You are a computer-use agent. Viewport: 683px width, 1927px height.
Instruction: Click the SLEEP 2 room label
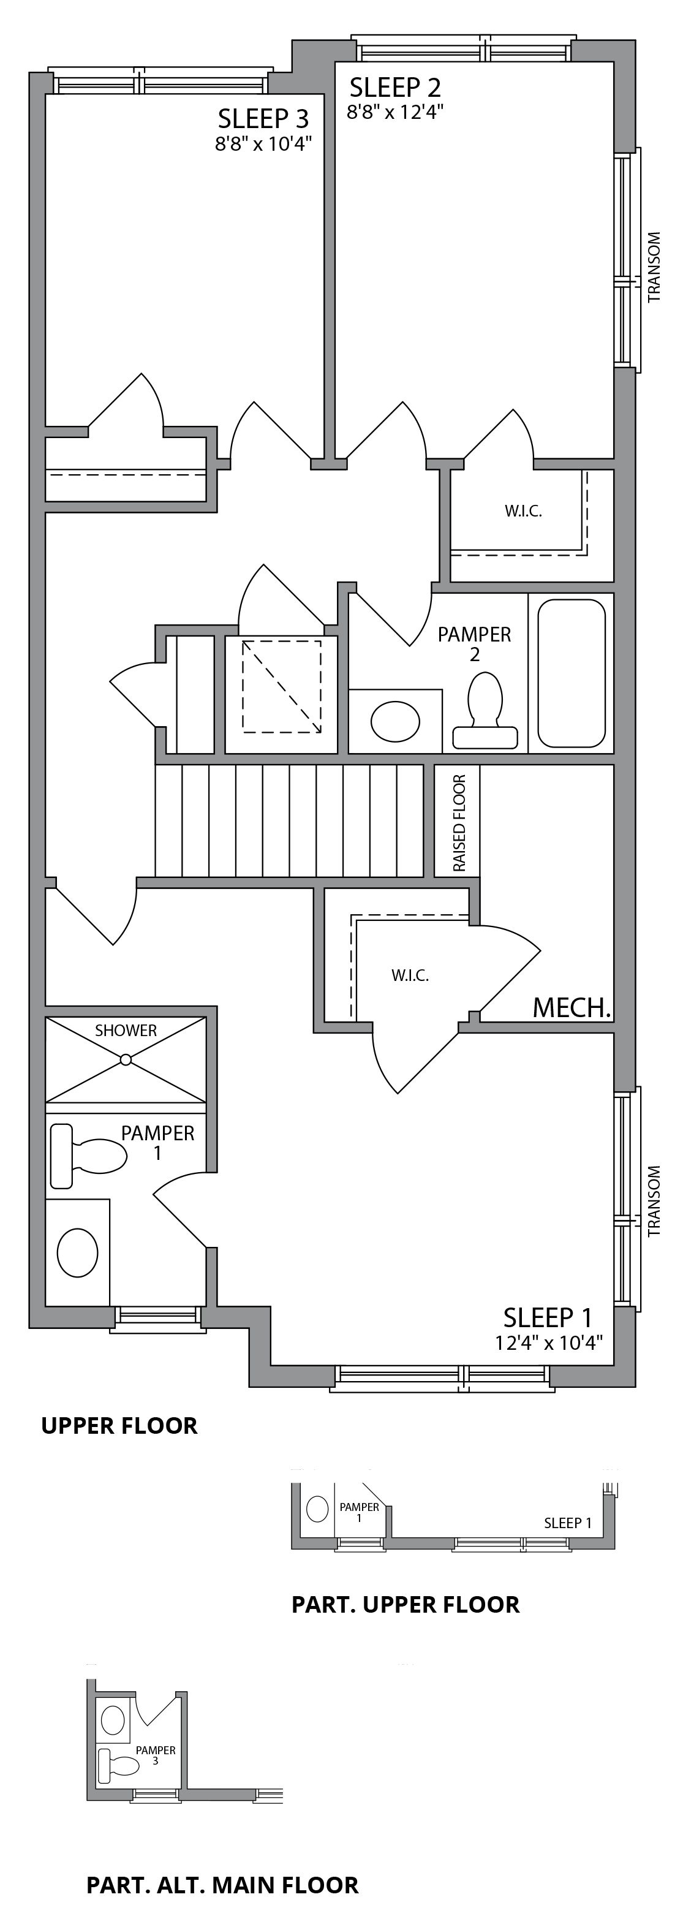(395, 88)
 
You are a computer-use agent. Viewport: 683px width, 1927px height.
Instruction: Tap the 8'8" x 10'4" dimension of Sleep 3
(263, 143)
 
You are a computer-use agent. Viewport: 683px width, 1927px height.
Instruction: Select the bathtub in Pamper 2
(571, 673)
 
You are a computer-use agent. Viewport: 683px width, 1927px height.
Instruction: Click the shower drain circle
(126, 1059)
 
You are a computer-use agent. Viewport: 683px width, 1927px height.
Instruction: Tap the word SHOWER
(126, 1031)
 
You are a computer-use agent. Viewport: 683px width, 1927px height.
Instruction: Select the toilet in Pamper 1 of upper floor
(88, 1156)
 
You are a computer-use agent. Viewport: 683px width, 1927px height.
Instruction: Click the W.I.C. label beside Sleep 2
(523, 512)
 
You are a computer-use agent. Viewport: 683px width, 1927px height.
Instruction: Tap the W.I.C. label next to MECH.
(410, 975)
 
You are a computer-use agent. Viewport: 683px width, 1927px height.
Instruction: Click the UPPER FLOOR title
(119, 1426)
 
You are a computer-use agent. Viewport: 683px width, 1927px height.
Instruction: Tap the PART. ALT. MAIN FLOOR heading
(222, 1884)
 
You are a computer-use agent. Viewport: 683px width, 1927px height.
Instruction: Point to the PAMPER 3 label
(156, 1755)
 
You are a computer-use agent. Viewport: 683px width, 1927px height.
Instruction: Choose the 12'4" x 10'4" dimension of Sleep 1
(548, 1342)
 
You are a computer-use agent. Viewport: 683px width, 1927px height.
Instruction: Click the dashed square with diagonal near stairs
(281, 686)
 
